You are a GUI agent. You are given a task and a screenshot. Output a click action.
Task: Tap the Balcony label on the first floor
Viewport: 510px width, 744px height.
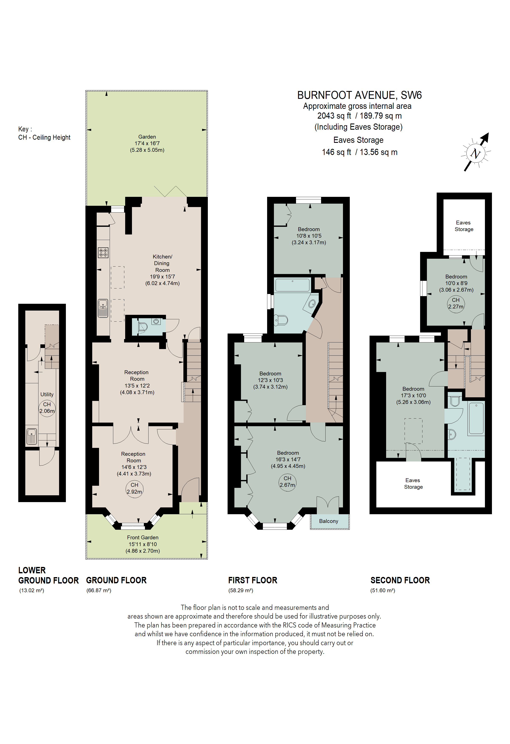coord(328,521)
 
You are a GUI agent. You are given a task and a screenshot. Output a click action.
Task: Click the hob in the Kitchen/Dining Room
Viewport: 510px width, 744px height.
coord(103,253)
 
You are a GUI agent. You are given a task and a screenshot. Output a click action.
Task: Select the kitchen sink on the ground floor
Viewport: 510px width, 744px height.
coord(103,308)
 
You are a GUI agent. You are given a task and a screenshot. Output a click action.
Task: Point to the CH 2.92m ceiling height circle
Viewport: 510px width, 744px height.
coord(134,488)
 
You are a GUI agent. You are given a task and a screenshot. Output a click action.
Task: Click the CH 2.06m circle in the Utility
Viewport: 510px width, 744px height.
coord(47,407)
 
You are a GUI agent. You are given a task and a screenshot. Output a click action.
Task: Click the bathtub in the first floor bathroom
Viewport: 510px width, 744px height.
coord(292,285)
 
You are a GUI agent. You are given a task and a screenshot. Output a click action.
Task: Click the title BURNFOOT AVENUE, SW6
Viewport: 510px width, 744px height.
coord(359,95)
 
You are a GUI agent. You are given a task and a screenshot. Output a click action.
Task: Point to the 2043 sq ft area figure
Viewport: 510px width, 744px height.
coord(334,116)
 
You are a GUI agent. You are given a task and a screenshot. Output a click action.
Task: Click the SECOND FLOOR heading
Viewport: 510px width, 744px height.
coord(400,580)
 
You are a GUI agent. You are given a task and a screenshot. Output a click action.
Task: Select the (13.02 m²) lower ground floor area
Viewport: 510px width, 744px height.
coord(32,590)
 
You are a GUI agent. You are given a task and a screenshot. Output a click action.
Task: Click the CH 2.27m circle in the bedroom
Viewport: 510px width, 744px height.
coord(456,303)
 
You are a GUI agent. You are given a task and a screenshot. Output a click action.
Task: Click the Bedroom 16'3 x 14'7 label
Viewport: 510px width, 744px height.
coord(288,459)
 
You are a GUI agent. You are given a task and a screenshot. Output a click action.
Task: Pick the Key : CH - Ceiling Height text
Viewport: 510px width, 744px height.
coord(44,133)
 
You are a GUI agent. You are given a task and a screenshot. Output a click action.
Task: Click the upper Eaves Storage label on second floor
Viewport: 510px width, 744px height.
coord(464,226)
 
